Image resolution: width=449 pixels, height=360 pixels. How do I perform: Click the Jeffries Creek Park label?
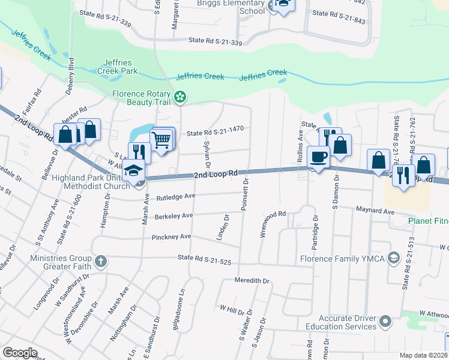point(121,67)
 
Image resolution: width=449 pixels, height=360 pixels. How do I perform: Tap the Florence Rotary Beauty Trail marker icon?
point(179,97)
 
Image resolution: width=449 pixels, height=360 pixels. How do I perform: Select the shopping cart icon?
point(161,140)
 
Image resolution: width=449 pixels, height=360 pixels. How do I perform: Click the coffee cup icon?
point(318,157)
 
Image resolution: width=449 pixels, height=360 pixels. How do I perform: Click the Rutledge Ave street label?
point(176,196)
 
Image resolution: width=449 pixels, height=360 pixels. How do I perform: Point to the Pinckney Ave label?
point(172,237)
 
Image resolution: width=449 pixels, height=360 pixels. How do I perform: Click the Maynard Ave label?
point(376,211)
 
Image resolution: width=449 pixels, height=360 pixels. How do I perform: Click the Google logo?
point(20,353)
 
